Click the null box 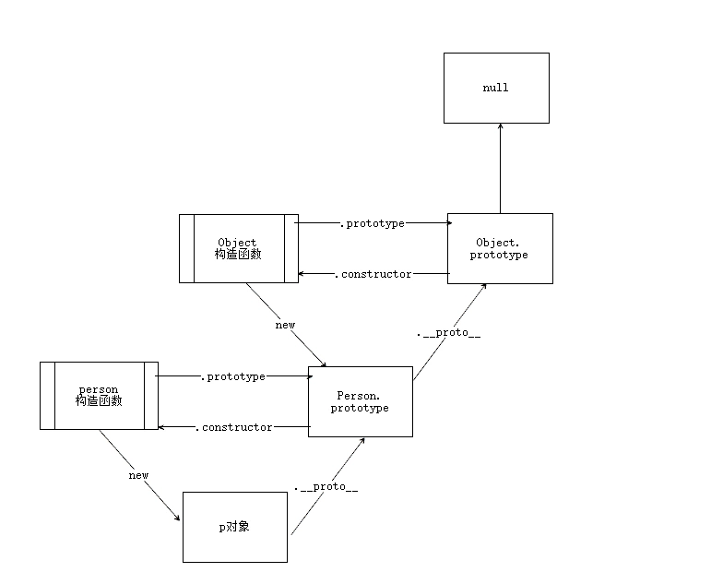click(496, 88)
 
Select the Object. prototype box click(499, 248)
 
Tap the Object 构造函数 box click(237, 248)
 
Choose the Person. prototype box click(360, 401)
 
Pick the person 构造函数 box click(99, 396)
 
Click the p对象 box click(234, 527)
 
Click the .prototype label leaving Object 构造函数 click(372, 223)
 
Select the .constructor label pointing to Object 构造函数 click(372, 274)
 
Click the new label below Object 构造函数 click(285, 325)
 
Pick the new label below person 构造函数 click(138, 475)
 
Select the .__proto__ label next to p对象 click(326, 486)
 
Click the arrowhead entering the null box click(499, 127)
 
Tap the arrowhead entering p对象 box click(177, 518)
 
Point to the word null click(495, 88)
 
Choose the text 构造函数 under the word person click(99, 401)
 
